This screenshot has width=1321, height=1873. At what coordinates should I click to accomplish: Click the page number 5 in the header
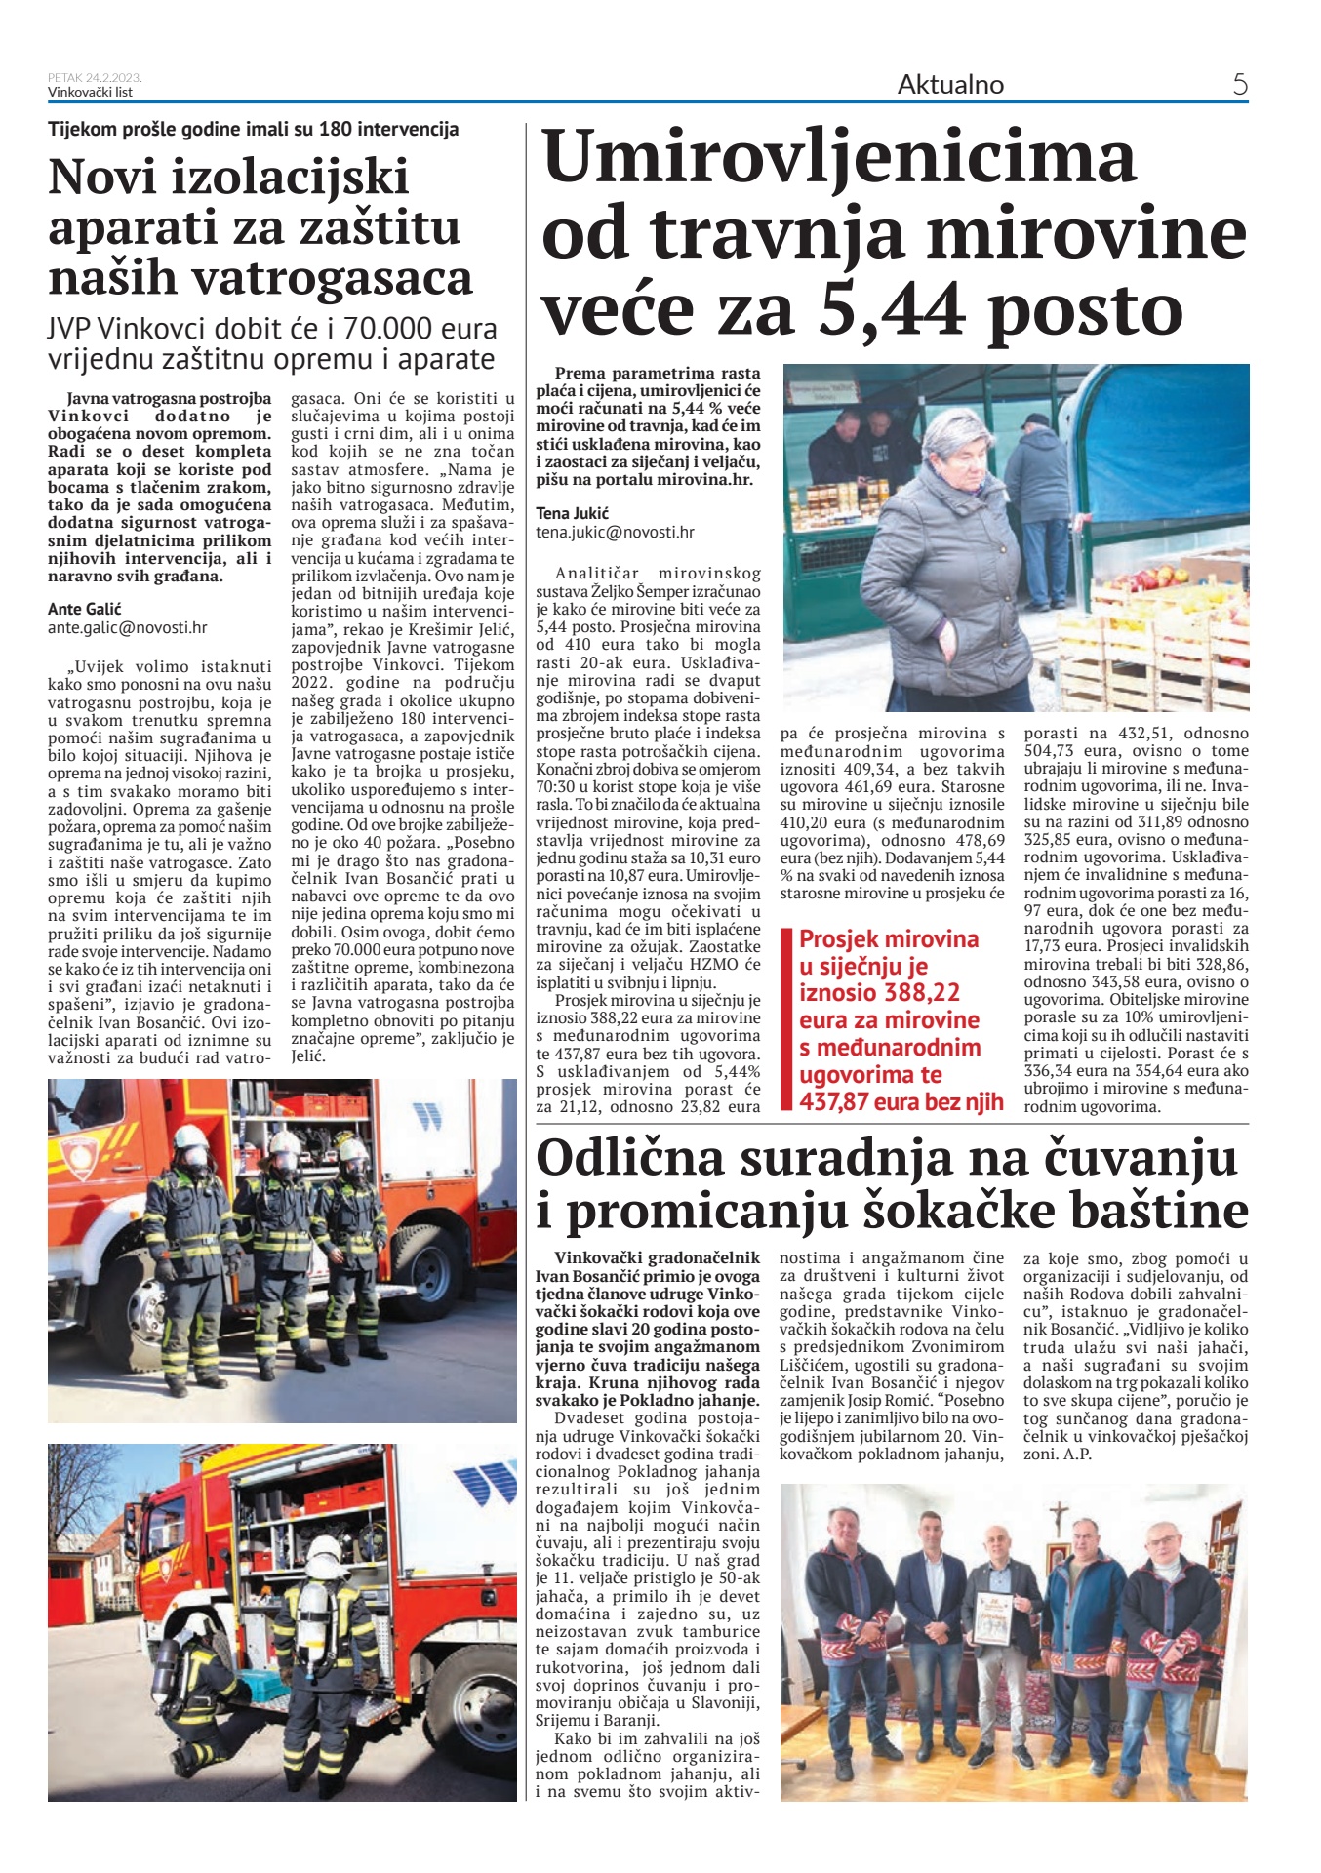click(x=1239, y=85)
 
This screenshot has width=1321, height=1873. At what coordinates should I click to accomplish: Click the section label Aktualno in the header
click(x=950, y=85)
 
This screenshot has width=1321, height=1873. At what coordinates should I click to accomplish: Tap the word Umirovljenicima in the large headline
click(x=840, y=157)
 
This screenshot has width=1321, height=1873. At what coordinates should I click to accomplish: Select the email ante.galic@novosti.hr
click(x=128, y=628)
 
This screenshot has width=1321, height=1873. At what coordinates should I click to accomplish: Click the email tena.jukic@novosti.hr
click(x=615, y=533)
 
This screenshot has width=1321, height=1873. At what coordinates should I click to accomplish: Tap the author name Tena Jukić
click(x=572, y=513)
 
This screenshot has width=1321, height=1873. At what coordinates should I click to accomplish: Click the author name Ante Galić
click(x=85, y=609)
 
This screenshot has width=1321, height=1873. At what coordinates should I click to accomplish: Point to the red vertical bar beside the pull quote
click(x=786, y=1019)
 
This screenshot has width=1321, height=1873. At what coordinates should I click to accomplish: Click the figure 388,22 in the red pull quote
click(x=922, y=993)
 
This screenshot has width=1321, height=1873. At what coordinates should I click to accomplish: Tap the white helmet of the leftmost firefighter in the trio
click(x=190, y=1138)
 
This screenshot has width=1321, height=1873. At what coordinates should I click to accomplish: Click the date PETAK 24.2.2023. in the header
click(x=95, y=78)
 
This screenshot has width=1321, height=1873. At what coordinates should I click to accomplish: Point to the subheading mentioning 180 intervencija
click(x=253, y=130)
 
